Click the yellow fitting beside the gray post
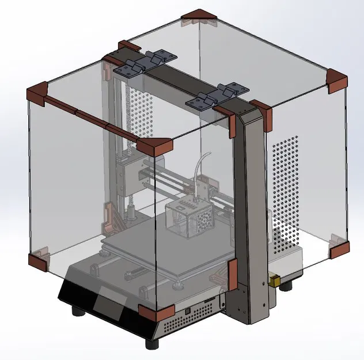275,281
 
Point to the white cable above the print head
201,166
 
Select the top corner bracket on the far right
336,80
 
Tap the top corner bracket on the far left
38,93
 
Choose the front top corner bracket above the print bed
156,147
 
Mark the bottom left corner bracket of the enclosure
39,259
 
